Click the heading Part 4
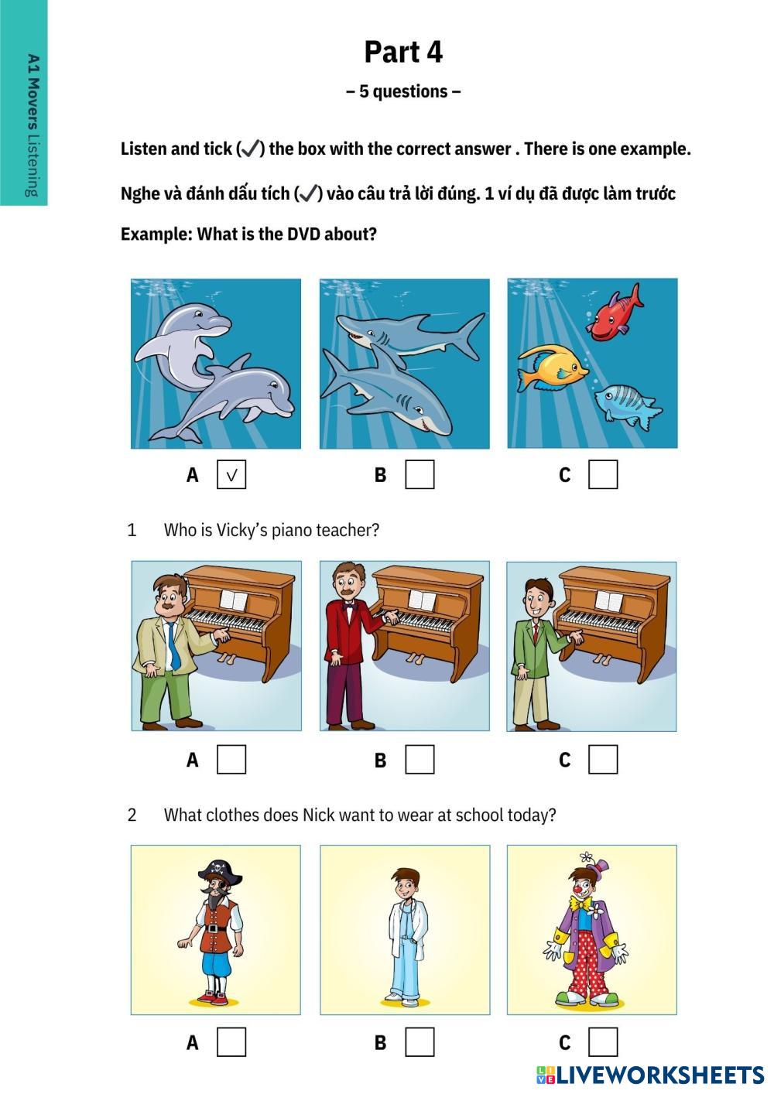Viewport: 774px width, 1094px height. click(x=403, y=52)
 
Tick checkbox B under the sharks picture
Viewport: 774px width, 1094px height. click(x=420, y=474)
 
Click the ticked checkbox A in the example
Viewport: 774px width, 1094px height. click(x=231, y=474)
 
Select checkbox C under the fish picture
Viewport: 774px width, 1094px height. click(x=603, y=474)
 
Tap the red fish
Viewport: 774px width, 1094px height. click(x=615, y=313)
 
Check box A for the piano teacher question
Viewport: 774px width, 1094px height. click(x=231, y=760)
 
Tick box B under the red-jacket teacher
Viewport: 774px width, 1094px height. click(x=420, y=760)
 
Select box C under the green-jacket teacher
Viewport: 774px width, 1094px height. click(x=603, y=760)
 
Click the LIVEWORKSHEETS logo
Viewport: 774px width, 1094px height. click(x=650, y=1075)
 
